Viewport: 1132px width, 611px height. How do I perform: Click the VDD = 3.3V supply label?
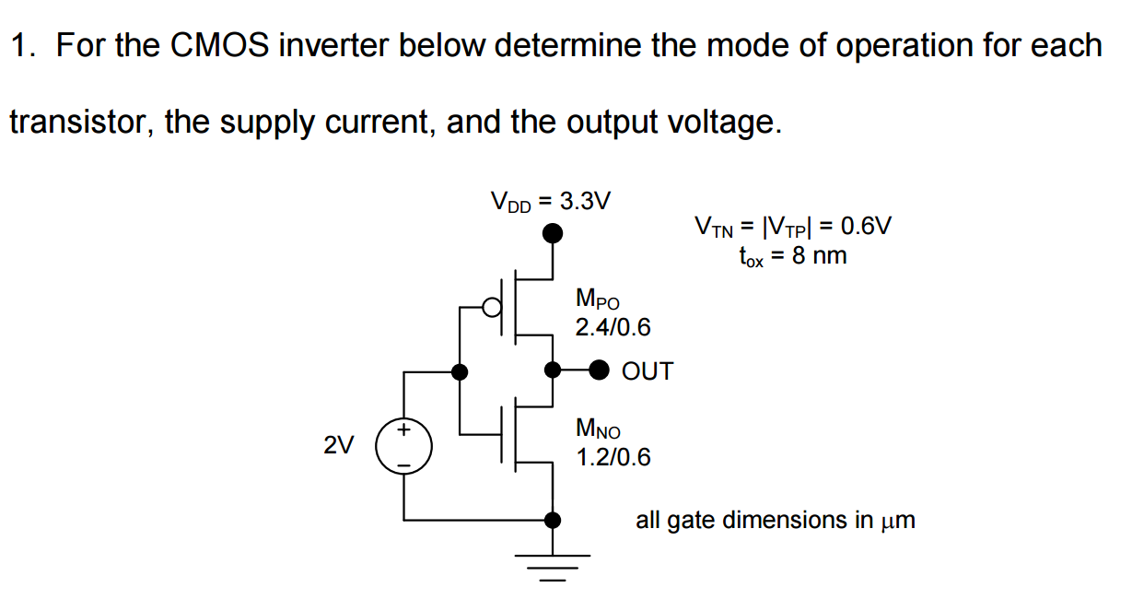(550, 201)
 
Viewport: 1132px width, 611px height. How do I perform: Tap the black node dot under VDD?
(552, 234)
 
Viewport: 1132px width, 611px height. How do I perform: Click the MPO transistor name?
(598, 299)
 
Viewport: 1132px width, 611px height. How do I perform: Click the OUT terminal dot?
(600, 370)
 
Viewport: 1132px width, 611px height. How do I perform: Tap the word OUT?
(648, 371)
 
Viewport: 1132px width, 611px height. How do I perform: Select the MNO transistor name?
(598, 429)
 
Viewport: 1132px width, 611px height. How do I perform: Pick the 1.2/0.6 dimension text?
(613, 456)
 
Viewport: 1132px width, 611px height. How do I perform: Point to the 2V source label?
(338, 446)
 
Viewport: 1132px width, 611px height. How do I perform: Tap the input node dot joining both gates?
(459, 372)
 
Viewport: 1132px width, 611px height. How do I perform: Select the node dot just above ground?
(552, 520)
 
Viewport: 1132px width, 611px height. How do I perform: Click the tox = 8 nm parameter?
(792, 255)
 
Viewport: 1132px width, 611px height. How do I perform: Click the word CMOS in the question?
(219, 45)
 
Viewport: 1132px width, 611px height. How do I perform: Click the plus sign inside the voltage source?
(403, 430)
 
